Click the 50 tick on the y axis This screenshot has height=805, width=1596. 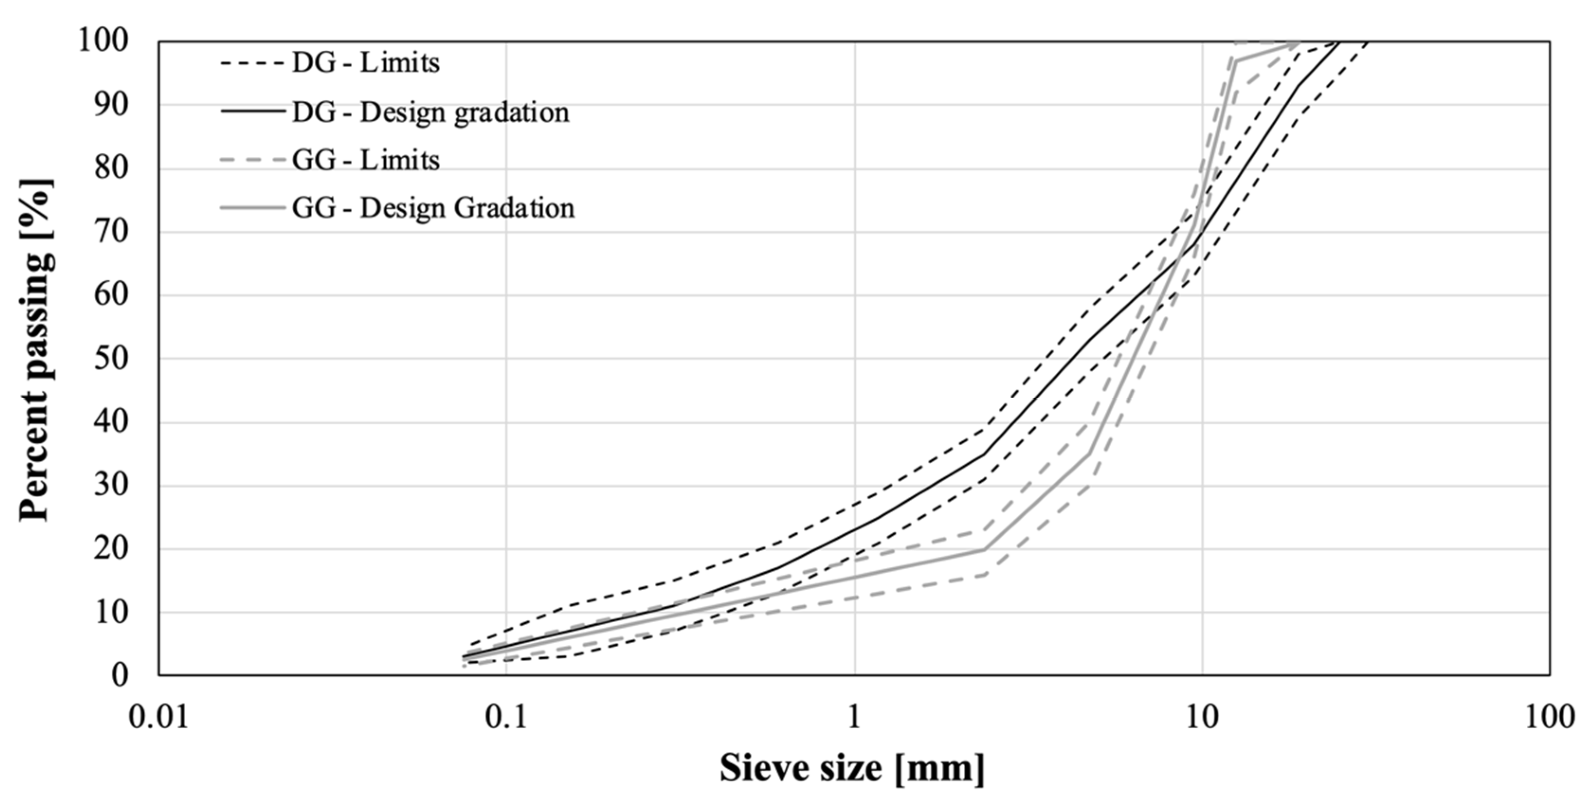point(111,358)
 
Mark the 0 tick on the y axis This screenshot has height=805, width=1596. point(120,675)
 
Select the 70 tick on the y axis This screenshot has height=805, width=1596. point(111,232)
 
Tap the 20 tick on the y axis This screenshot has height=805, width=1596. point(111,549)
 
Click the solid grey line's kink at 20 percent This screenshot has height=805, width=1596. point(983,549)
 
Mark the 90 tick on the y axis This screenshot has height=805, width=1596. point(111,105)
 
